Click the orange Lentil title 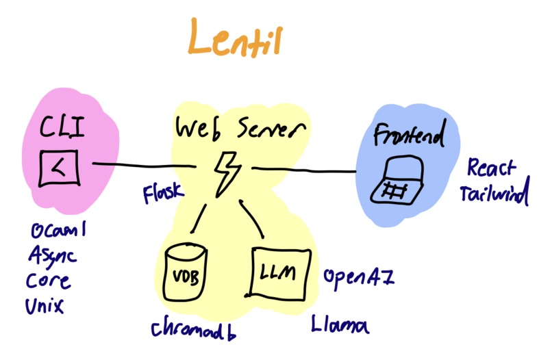coord(234,41)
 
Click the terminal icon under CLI coord(60,166)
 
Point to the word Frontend coord(409,136)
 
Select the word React coord(492,168)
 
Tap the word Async coord(53,257)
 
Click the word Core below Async coord(49,281)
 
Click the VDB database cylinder coord(186,274)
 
